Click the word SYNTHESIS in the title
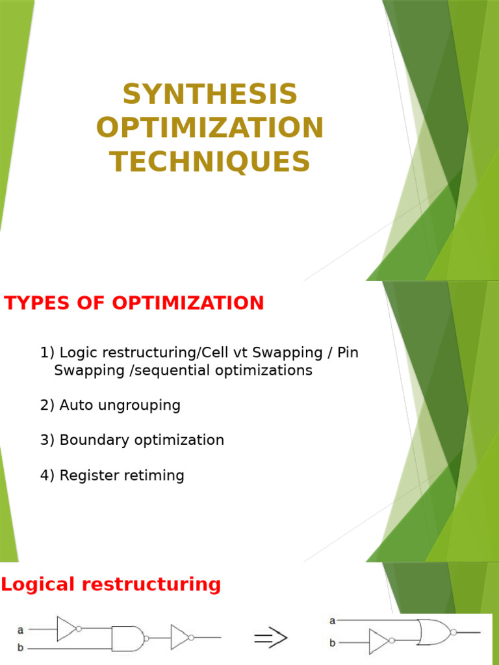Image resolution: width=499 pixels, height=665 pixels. pos(210,95)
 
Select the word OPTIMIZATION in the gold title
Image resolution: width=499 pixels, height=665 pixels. pos(210,128)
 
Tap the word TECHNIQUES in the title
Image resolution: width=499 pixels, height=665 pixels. pos(210,162)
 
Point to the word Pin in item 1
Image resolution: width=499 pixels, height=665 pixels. pos(347,353)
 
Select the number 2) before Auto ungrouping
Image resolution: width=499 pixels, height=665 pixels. pos(47,405)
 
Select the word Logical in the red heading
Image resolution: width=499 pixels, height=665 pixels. pos(37,584)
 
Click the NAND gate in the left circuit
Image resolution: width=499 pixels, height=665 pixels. pos(128,638)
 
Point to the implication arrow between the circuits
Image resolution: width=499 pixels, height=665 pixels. pos(270,638)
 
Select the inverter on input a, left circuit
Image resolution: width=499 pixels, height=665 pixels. pos(68,629)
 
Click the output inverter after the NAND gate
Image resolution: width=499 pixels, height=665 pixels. pos(181,638)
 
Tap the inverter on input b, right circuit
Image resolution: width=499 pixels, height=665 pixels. pos(380,642)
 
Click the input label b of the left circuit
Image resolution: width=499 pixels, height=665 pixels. pos(20,647)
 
